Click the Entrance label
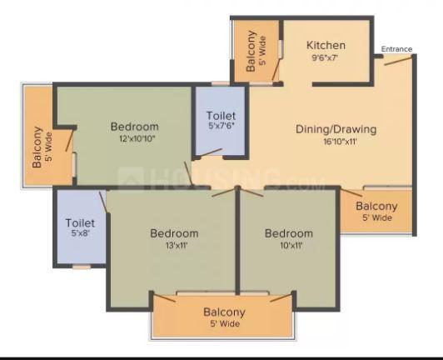pyautogui.click(x=396, y=49)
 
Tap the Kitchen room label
pyautogui.click(x=326, y=45)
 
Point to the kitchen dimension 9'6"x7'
pyautogui.click(x=325, y=58)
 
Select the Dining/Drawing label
pyautogui.click(x=336, y=129)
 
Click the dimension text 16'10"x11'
pyautogui.click(x=340, y=142)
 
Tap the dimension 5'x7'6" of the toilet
pyautogui.click(x=221, y=126)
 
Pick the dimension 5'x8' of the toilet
pyautogui.click(x=81, y=233)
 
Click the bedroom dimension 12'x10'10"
pyautogui.click(x=137, y=138)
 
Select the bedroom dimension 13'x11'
pyautogui.click(x=177, y=246)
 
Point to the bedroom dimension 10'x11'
pyautogui.click(x=291, y=245)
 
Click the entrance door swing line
pyautogui.click(x=398, y=61)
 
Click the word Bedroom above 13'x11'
pyautogui.click(x=174, y=233)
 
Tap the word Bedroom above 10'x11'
pyautogui.click(x=289, y=233)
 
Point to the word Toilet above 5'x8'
pyautogui.click(x=80, y=222)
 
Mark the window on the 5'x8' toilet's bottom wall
pyautogui.click(x=82, y=267)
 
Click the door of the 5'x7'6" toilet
pyautogui.click(x=210, y=152)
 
